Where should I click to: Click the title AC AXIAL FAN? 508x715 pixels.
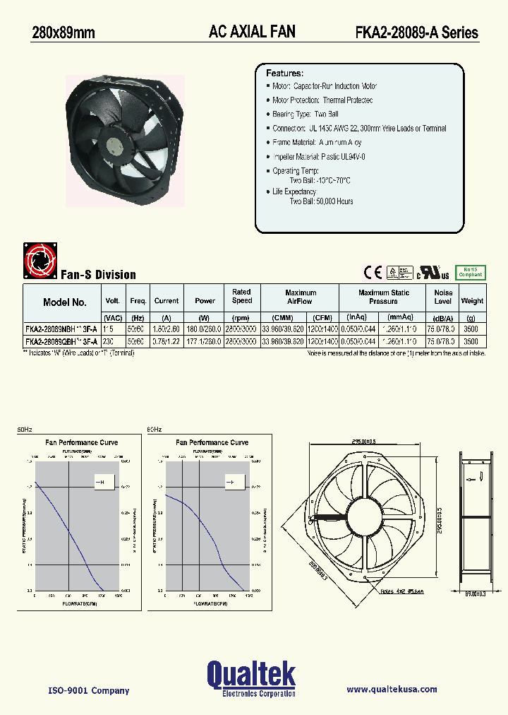[x=252, y=31]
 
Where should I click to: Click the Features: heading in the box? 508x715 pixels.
[x=284, y=73]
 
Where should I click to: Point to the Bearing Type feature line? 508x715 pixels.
[x=306, y=114]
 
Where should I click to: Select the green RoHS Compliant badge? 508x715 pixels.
[x=471, y=271]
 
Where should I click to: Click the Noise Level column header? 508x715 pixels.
[x=443, y=297]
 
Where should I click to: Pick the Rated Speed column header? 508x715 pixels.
[x=241, y=296]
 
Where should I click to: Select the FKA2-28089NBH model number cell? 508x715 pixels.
[x=61, y=329]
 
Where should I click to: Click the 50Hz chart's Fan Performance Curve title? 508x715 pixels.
[x=82, y=442]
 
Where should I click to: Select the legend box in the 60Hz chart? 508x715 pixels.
[x=231, y=483]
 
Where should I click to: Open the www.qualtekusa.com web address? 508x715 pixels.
[x=392, y=690]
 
